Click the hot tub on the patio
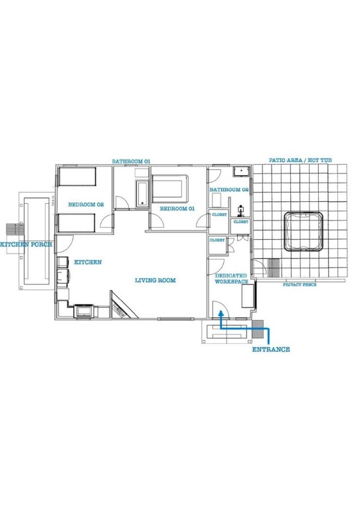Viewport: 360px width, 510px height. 304,231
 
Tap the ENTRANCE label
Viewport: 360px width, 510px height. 270,349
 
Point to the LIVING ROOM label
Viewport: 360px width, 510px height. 155,280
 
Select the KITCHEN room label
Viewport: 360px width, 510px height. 88,262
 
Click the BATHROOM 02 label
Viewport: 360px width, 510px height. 228,190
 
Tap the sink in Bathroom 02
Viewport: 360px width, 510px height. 240,172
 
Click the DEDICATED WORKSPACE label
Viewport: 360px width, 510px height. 230,278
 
